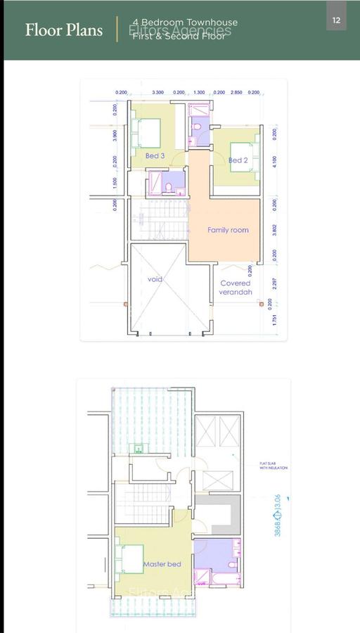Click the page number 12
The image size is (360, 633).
point(336,20)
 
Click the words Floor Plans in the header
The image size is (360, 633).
point(64,30)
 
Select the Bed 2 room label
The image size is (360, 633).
point(238,160)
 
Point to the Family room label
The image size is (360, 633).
point(228,230)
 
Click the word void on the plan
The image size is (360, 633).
point(155,279)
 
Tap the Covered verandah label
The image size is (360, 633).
point(235,288)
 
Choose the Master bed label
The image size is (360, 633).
point(162,564)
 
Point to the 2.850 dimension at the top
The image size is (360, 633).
point(237,92)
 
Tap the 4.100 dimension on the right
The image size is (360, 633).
point(274,162)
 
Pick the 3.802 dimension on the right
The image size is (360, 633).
point(274,229)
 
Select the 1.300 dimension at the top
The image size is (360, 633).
point(199,92)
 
